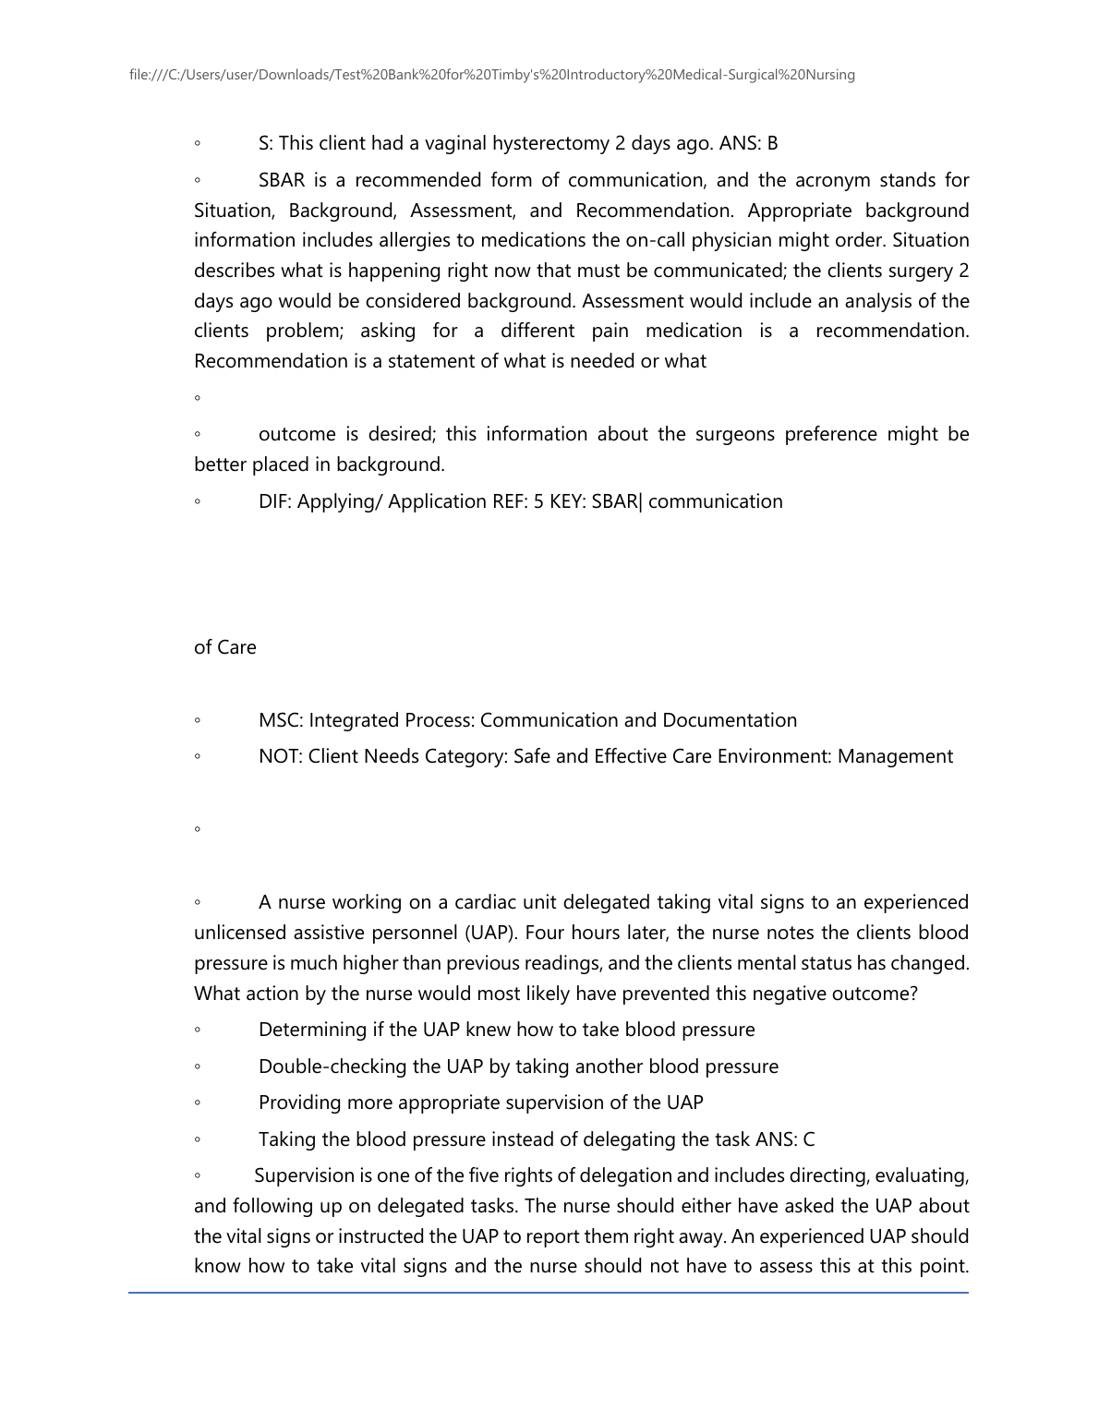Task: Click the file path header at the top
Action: (x=492, y=75)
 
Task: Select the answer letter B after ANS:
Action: (x=772, y=143)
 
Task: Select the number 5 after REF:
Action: (x=538, y=501)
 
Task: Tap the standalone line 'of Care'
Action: (x=225, y=647)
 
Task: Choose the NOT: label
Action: (x=280, y=756)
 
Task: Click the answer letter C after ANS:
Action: (x=809, y=1139)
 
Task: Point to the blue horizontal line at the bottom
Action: (x=549, y=1293)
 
